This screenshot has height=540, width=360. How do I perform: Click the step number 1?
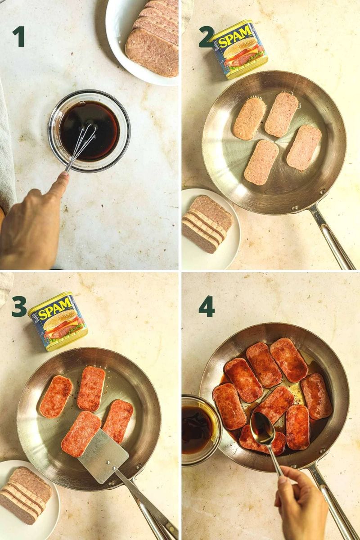[18, 36]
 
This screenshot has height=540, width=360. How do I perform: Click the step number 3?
[19, 306]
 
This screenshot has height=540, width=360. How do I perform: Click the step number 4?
[207, 306]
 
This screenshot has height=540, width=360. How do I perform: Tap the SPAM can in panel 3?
[58, 320]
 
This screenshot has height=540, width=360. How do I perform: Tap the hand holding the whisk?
[31, 220]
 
